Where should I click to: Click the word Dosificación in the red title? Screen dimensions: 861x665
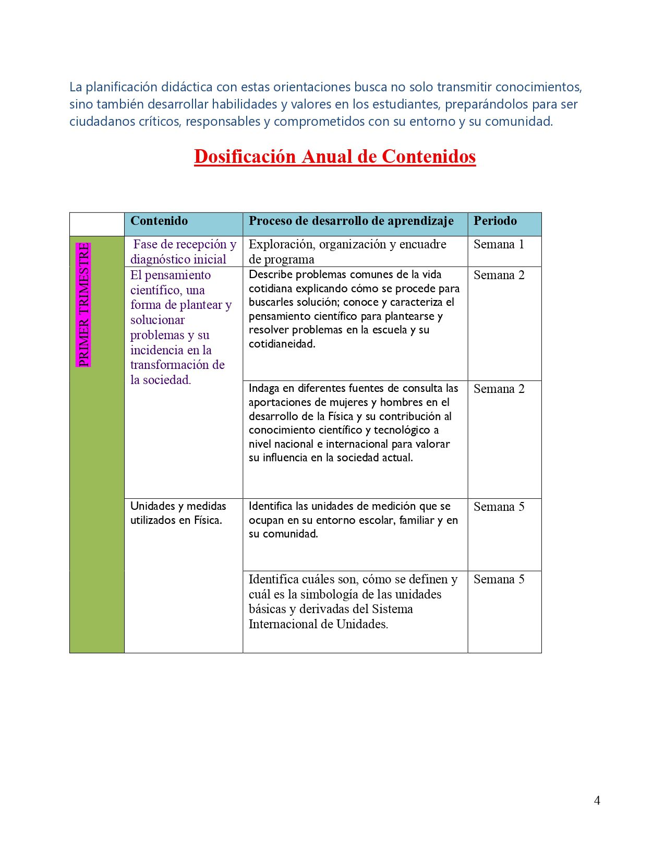coord(245,157)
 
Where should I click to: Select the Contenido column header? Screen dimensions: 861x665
coord(159,221)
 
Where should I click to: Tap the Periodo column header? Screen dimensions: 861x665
coord(495,221)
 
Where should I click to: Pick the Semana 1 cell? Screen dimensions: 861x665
coord(499,244)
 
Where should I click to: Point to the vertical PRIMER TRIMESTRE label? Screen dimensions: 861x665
coord(83,305)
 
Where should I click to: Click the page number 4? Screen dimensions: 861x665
coord(597,800)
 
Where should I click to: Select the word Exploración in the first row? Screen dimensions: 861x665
coord(282,244)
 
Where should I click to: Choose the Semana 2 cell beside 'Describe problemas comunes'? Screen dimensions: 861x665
coord(499,275)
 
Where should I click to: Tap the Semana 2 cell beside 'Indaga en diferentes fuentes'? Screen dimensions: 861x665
coord(499,389)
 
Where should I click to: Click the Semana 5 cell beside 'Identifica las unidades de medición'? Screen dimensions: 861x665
coord(499,507)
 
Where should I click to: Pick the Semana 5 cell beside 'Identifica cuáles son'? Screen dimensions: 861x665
coord(499,579)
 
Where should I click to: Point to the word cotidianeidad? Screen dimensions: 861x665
coord(282,344)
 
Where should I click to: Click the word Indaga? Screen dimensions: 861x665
coord(264,388)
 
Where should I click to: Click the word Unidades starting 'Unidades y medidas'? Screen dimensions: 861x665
coord(151,506)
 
